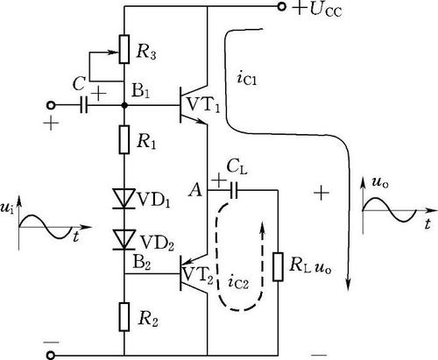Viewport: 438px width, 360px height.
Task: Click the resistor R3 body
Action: click(124, 49)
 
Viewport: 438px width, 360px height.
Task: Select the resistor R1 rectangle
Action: click(124, 139)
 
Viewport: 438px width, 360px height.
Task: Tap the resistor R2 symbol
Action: click(124, 317)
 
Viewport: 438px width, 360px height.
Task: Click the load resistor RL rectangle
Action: click(278, 267)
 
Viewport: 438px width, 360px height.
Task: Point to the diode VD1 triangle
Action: click(124, 199)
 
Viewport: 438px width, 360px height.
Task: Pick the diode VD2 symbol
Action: click(124, 239)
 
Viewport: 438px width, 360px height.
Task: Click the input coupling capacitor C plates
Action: click(84, 105)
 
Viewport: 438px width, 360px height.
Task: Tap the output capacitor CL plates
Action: click(234, 190)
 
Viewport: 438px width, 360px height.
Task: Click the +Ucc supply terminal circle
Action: click(281, 7)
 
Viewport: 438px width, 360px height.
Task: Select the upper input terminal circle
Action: click(52, 105)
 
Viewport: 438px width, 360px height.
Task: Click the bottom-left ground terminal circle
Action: click(52, 356)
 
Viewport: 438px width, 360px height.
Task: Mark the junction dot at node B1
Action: click(124, 105)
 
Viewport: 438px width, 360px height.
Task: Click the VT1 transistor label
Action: click(203, 105)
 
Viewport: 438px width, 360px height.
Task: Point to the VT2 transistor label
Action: click(198, 275)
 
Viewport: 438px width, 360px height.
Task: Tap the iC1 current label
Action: click(247, 78)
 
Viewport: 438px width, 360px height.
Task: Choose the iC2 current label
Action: click(238, 282)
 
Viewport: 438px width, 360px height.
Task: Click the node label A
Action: click(195, 191)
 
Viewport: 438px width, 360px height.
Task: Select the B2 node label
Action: click(142, 262)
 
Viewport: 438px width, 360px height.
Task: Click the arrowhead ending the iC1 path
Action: click(349, 284)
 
